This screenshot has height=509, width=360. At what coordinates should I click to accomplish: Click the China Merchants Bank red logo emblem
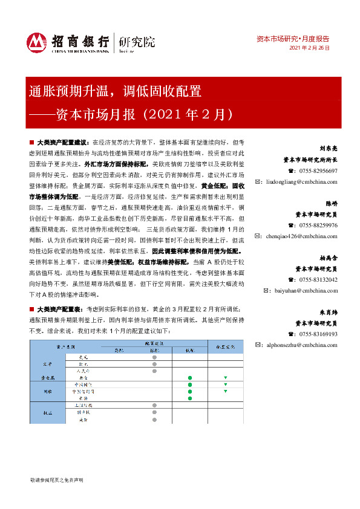pos(36,42)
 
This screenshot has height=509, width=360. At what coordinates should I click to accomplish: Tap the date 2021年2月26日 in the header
pos(310,48)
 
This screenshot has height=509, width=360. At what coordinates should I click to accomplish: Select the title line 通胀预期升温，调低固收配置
pos(115,92)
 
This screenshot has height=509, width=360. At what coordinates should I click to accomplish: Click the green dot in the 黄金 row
pos(189,376)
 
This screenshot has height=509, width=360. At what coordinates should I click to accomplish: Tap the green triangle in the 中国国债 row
pos(225,384)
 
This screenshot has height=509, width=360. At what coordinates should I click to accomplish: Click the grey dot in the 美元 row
pos(154,357)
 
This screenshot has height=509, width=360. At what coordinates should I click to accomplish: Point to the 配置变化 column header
pos(225,346)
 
